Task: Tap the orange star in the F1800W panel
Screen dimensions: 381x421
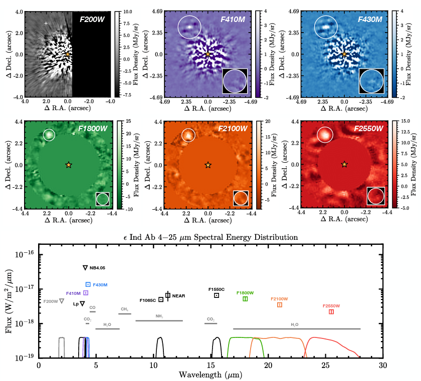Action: coord(69,165)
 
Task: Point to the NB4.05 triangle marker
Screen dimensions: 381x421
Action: coord(85,268)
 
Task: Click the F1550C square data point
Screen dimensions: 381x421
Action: coord(217,295)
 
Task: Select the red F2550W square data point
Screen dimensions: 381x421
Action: coord(331,312)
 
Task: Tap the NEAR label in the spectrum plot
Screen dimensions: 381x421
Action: coord(179,296)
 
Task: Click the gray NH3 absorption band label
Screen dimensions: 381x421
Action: coord(159,316)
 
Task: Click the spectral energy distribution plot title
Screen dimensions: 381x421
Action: coord(210,236)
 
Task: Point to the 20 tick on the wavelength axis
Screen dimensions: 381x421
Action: coord(268,366)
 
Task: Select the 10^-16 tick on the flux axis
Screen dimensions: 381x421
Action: coord(24,254)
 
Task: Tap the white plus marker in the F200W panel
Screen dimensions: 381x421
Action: coord(46,24)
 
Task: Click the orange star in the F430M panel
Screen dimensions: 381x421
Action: coord(344,54)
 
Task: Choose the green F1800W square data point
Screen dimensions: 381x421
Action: coord(245,299)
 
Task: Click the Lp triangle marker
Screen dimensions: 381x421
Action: coord(82,304)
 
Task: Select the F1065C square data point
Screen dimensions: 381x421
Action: coord(161,299)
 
